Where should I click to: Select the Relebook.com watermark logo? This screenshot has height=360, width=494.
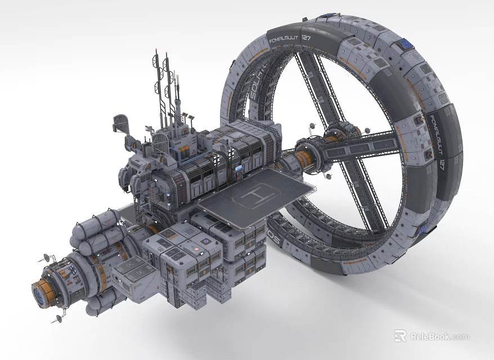[x=432, y=336]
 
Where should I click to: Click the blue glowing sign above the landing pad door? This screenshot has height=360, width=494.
[x=239, y=167]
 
